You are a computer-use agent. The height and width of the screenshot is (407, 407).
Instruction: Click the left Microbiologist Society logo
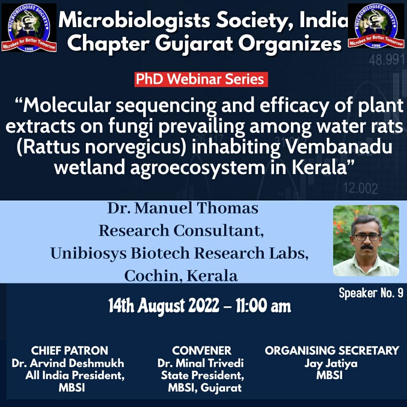pos(29,28)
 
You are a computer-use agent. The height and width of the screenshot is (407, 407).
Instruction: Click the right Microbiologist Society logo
pos(376,26)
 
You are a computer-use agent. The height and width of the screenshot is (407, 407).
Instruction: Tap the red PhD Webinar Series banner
pos(201,80)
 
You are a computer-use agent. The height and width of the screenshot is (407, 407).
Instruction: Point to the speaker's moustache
pos(367,246)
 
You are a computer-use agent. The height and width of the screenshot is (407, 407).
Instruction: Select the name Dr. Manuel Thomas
pos(183,208)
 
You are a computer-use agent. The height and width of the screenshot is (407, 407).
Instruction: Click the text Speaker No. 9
pos(371,293)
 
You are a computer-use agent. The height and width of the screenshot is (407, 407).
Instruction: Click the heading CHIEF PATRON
pos(69,351)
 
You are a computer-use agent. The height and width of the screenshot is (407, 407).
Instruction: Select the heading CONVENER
pos(201,351)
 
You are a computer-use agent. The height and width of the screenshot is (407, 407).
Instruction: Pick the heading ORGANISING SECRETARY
pos(332,351)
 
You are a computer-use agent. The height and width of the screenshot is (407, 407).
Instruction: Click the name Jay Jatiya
pos(331,364)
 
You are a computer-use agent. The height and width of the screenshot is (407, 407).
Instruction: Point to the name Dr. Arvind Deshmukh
pos(68,363)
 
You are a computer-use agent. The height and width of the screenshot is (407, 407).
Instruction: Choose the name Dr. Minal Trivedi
pos(200,363)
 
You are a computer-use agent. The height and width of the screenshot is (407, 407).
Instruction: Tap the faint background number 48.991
pos(387,60)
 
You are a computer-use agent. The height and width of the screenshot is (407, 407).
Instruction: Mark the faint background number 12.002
pos(361,188)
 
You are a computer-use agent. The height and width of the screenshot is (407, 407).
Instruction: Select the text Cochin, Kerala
pos(181,275)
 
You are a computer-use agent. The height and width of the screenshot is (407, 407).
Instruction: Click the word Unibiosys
pos(88,253)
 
